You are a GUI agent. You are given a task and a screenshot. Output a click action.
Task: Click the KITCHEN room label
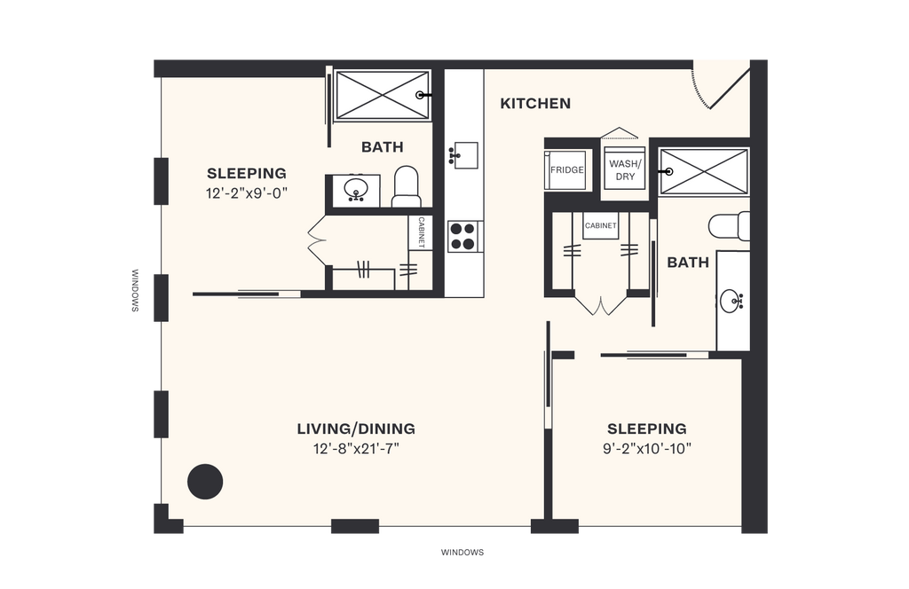point(535,104)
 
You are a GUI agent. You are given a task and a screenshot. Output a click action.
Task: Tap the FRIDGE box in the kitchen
point(566,169)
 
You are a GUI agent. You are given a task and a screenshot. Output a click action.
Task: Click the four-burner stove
point(462,236)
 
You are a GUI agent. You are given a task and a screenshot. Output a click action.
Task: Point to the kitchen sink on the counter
point(463,155)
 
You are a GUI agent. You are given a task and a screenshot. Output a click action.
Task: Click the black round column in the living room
point(205,482)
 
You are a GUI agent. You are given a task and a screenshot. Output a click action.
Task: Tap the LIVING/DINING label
point(355,429)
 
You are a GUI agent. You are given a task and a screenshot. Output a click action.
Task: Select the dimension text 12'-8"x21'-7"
point(355,449)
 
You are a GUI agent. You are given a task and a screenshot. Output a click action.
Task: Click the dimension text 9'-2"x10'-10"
point(647,449)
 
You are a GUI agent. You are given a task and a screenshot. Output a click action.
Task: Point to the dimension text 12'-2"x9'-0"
point(247,192)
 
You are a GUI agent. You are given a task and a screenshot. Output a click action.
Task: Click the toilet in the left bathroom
point(406,185)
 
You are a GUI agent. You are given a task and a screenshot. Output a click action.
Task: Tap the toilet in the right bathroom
point(729,225)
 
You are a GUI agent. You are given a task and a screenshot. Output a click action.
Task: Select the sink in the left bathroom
point(358,189)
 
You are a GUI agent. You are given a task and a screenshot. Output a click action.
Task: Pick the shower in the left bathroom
point(381,94)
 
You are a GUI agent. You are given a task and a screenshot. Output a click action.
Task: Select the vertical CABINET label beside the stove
point(421,233)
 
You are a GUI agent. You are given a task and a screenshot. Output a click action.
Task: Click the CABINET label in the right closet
point(600,226)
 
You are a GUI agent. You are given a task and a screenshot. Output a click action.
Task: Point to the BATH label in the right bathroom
point(688,263)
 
